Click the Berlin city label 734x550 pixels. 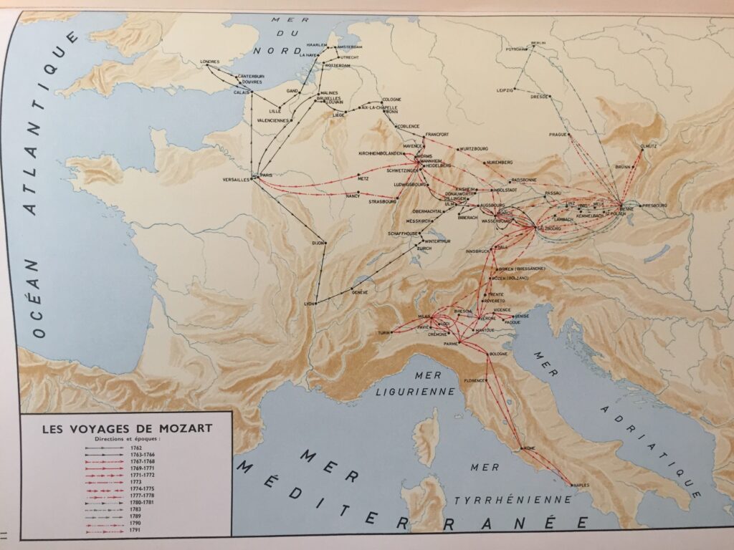click(538, 43)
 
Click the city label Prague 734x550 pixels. click(558, 134)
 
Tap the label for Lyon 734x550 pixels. click(310, 304)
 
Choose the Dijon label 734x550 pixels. click(318, 243)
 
